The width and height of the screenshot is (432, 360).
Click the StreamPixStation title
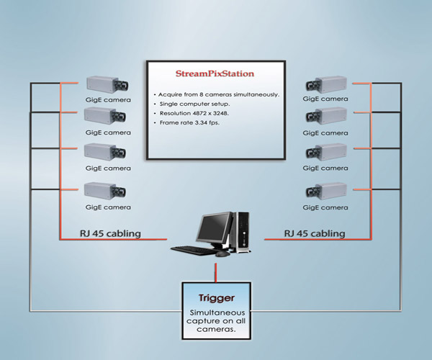[x=215, y=73]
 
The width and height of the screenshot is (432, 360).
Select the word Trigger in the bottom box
[x=215, y=297]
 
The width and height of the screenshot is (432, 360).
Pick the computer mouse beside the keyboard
[x=222, y=253]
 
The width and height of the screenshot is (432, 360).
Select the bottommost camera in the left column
[x=106, y=190]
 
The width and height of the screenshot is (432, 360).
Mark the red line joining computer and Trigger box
[x=215, y=271]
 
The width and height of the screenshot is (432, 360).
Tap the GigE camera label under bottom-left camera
[x=109, y=206]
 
